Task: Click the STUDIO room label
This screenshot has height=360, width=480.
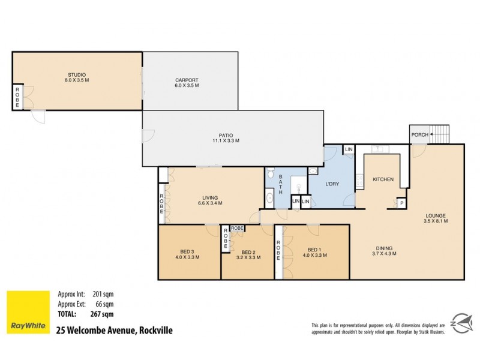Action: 77,75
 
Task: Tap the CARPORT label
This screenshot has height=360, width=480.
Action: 187,80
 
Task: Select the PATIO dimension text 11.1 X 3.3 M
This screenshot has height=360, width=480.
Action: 226,141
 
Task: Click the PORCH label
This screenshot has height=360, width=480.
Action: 420,135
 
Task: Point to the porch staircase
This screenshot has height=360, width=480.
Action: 440,134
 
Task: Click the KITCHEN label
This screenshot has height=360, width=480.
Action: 383,179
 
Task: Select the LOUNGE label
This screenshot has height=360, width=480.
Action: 436,215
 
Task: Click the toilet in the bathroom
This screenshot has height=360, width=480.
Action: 271,175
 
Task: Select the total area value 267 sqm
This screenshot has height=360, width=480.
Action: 103,314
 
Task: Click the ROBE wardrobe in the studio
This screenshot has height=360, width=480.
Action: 17,98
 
